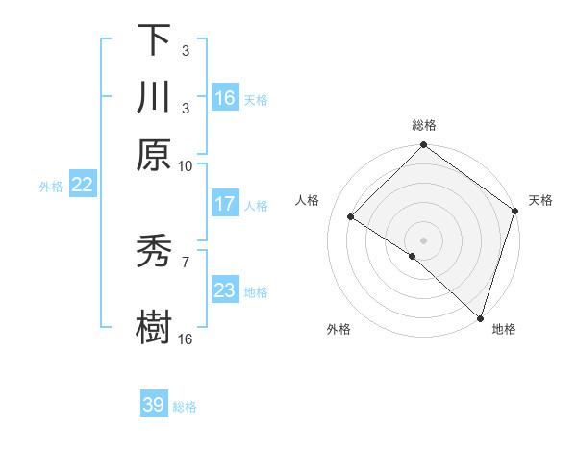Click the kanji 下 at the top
(154, 39)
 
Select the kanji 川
(154, 97)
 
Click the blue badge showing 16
(225, 98)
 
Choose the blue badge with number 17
(225, 204)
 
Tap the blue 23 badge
(225, 290)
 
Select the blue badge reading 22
(82, 186)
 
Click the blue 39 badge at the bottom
(154, 405)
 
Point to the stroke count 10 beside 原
(186, 165)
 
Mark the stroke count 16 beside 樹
(186, 339)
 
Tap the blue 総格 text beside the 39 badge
(186, 407)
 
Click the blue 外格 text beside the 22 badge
(51, 187)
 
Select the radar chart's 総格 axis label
(424, 125)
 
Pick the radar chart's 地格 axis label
(504, 329)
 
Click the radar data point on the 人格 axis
(351, 217)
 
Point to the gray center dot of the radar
(423, 239)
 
